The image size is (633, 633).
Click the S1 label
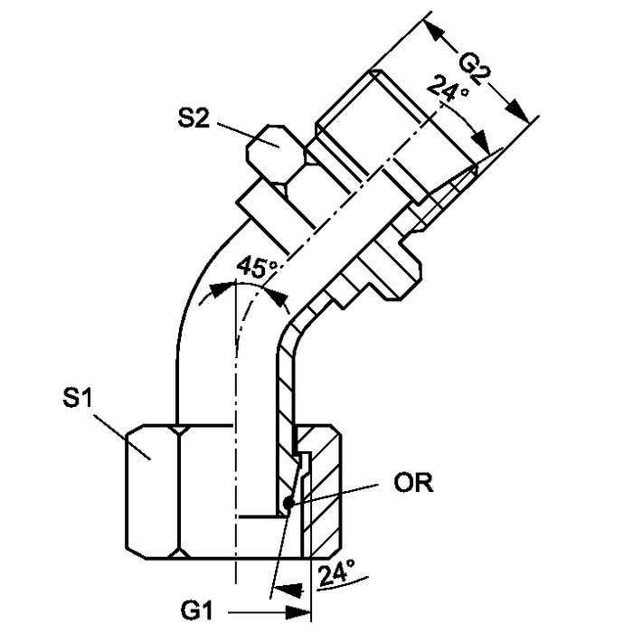click(77, 397)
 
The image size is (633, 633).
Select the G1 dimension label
click(196, 610)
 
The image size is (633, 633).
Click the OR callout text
click(413, 482)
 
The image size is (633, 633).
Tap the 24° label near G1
click(336, 572)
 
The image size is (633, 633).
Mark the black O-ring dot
click(288, 504)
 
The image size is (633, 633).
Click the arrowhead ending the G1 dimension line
click(298, 612)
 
